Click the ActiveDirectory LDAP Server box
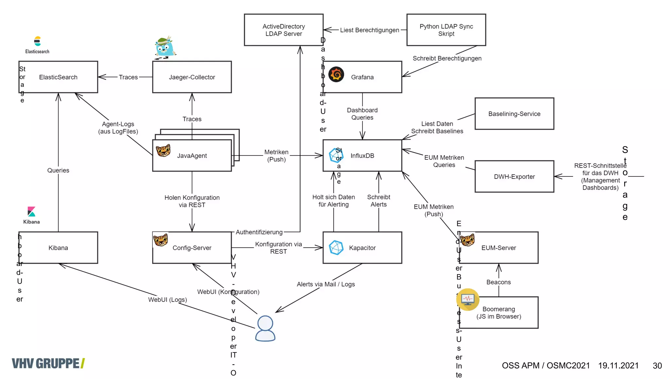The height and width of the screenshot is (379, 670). tap(283, 30)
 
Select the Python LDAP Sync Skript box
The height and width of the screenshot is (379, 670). tap(446, 30)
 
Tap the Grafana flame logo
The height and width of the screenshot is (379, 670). tap(336, 74)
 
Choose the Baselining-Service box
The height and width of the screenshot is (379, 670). tap(514, 114)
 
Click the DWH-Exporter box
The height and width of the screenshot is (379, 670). tap(514, 176)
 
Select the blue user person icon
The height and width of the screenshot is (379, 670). tap(265, 328)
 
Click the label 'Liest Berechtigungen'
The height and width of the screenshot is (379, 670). tap(369, 30)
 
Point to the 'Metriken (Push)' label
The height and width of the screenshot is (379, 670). tap(276, 156)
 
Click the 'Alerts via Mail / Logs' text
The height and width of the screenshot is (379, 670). tap(326, 284)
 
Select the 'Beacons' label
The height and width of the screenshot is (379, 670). tap(498, 282)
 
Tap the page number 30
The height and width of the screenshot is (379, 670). tap(657, 366)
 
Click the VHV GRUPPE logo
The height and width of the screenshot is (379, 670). tap(48, 363)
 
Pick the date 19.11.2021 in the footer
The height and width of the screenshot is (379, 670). tap(618, 366)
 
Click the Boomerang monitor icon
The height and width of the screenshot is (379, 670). tap(468, 299)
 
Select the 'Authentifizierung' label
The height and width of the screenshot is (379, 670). tap(259, 232)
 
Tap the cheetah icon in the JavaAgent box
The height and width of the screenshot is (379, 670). tap(163, 151)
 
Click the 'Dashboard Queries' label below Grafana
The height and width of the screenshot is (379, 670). tap(362, 114)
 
